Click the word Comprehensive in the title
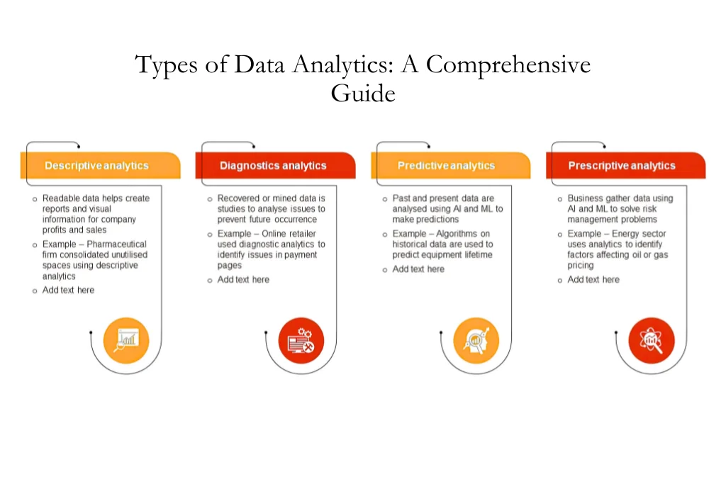(508, 65)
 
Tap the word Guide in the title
(362, 93)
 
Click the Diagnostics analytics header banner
(273, 166)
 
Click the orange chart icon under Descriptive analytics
(126, 340)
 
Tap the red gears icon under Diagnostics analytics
(301, 340)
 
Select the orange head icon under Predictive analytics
(476, 340)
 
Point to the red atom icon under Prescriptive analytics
(652, 340)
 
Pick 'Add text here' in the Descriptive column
(68, 291)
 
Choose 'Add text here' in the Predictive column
(418, 269)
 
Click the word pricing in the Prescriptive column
(581, 266)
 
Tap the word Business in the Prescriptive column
(585, 198)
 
